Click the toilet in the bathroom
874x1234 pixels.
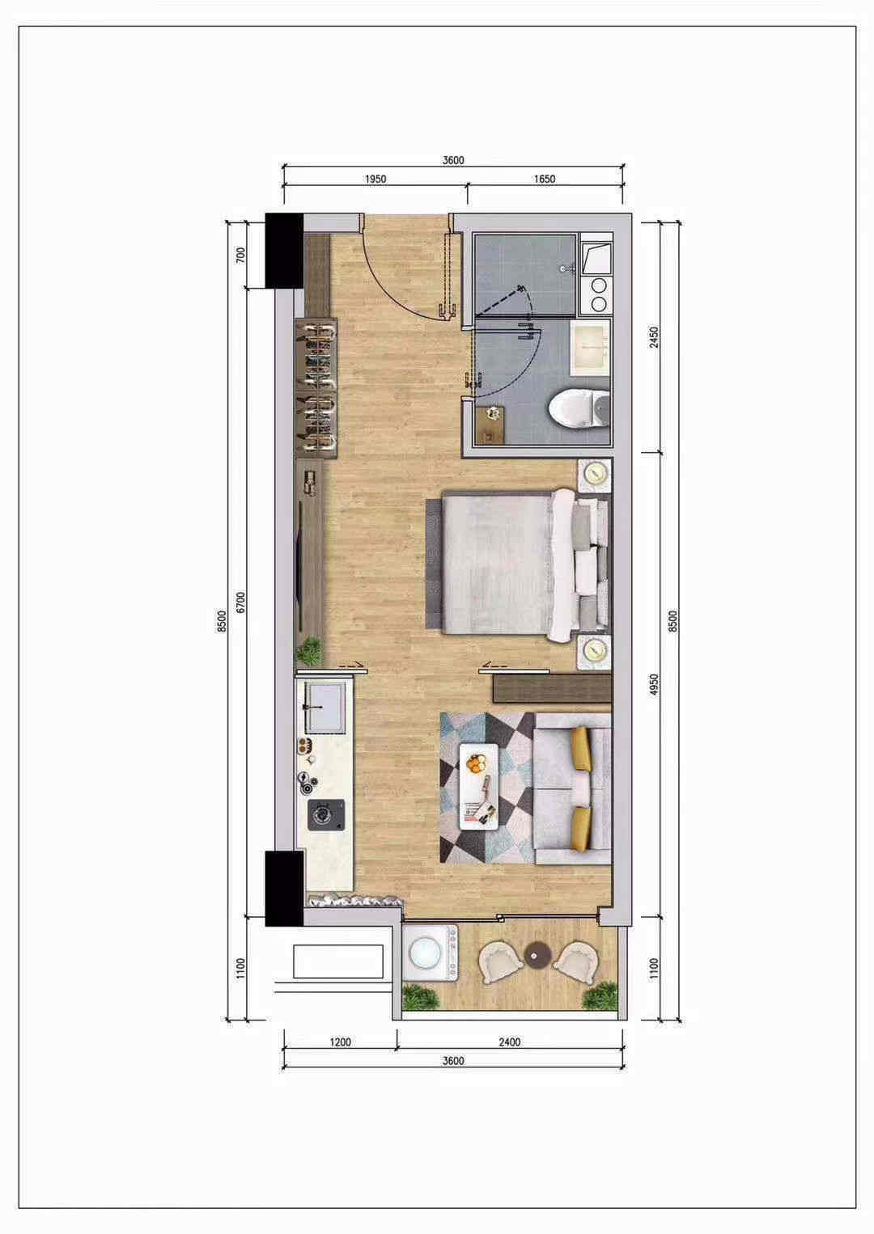coord(579,408)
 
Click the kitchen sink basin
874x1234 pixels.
coord(325,708)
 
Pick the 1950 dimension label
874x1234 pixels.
coord(375,179)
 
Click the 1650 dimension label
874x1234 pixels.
coord(545,179)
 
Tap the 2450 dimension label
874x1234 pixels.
coord(654,337)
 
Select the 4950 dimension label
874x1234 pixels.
coord(654,685)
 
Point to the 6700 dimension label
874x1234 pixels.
coord(240,602)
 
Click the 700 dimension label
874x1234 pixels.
coord(240,255)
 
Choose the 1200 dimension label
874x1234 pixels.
coord(340,1042)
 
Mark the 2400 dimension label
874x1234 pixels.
coord(510,1042)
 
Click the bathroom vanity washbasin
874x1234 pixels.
coord(590,349)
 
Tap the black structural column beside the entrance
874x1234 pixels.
coord(285,251)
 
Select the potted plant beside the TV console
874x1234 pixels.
coord(309,652)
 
